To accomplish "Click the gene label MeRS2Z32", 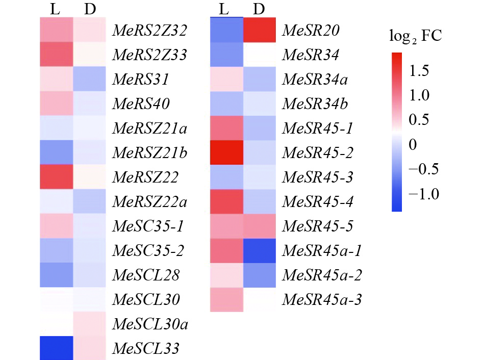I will (x=149, y=30).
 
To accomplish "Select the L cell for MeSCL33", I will (x=57, y=349).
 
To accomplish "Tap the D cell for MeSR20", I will (x=260, y=31).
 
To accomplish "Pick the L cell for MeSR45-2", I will (x=226, y=153).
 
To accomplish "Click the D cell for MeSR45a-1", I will (x=260, y=251).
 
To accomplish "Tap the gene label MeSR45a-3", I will (x=321, y=300).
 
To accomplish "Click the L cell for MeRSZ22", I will (x=57, y=177).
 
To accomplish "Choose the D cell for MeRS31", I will (x=90, y=80).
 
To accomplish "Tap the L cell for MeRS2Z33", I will (x=57, y=55).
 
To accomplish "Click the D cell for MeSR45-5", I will (x=260, y=226).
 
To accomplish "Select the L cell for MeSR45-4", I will (x=226, y=202).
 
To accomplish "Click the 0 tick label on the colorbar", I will (x=413, y=145).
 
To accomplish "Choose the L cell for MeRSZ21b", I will (x=57, y=153).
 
